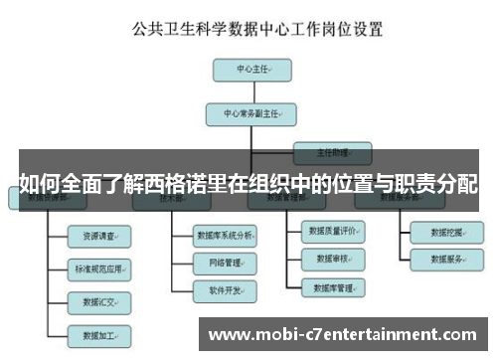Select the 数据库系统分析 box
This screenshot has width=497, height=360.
tap(226, 236)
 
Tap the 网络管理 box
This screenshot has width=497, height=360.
tap(226, 264)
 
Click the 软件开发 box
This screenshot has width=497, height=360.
tap(226, 290)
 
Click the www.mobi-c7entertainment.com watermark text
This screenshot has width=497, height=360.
tap(341, 334)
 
